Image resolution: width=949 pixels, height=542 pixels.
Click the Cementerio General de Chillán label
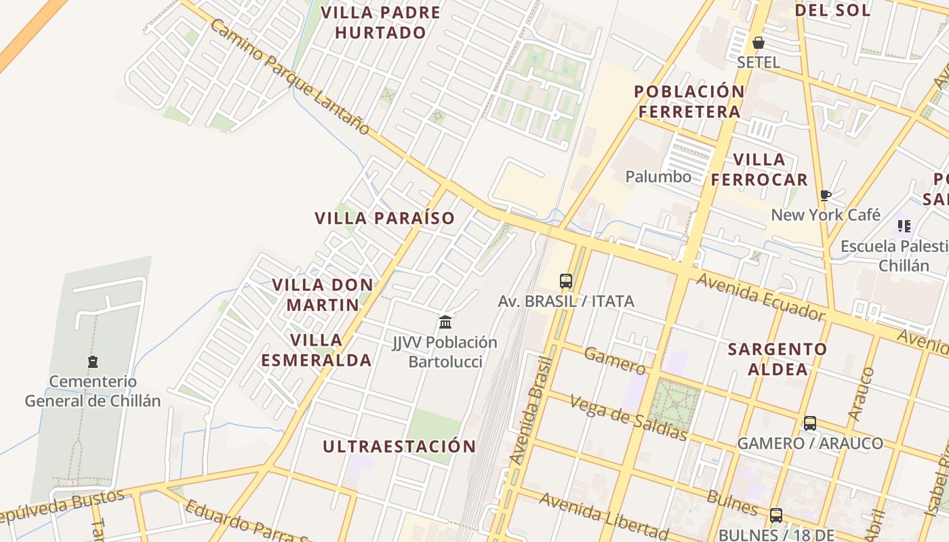coord(93,391)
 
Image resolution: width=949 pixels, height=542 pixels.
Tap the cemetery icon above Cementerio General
coord(93,362)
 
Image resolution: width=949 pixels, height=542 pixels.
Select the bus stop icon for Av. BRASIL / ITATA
coord(566,280)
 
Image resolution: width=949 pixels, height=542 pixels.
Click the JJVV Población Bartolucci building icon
coord(445,322)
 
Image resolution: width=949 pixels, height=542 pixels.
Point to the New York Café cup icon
coord(825,196)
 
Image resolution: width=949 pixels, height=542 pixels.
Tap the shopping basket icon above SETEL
coord(759,43)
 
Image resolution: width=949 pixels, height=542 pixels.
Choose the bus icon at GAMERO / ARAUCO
coord(810,423)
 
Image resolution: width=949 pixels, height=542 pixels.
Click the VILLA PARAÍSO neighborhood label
coord(384,218)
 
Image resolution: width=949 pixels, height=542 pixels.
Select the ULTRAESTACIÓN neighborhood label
coord(399,446)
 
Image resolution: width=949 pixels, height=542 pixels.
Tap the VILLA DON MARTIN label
coord(323,294)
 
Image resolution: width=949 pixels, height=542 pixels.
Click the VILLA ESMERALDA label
coord(317,350)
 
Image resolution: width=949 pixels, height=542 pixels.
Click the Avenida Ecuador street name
coord(761,297)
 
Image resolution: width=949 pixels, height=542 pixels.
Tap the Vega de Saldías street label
coord(628,416)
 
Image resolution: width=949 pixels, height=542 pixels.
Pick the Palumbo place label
coord(658,177)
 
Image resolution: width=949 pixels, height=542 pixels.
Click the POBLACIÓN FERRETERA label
coord(689,102)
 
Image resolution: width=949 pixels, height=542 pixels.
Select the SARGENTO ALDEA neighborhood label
coord(778,359)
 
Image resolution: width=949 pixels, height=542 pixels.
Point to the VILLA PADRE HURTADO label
coord(380,22)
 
